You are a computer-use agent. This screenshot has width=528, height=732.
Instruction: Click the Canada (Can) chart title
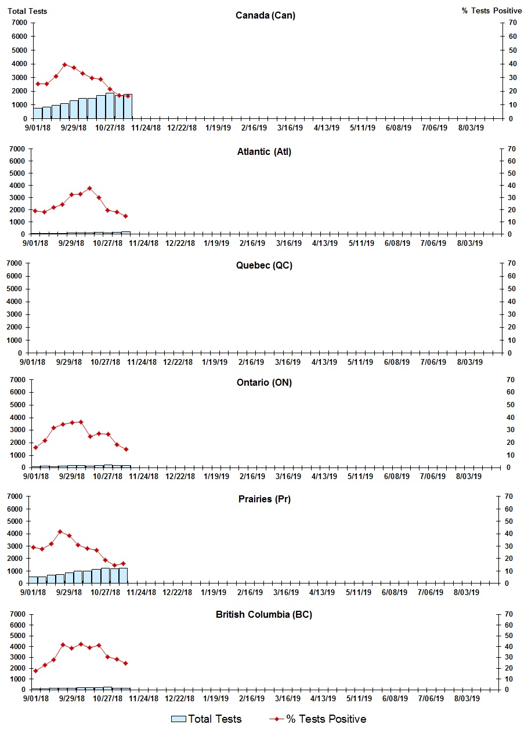coord(265,16)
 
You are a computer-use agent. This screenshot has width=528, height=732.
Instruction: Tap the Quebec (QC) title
coord(264,266)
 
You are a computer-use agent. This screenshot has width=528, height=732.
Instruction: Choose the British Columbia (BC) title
coord(264,615)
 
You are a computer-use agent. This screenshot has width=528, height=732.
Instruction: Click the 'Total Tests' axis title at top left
coord(27,11)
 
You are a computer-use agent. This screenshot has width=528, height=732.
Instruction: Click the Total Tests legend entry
coord(207,719)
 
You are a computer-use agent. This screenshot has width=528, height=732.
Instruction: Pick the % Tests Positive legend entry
coord(318,719)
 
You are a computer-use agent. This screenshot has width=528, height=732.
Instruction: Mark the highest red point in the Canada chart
coord(65,64)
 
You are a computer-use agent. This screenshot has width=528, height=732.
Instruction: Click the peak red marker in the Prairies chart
coord(60,531)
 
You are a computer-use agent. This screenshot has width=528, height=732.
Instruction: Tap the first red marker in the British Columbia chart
coord(35,671)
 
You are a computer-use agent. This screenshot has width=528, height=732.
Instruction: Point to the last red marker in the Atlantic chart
coord(125,216)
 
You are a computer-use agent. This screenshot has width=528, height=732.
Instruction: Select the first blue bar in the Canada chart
coord(38,113)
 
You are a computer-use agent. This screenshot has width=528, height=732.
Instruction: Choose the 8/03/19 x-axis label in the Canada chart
coord(471,128)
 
